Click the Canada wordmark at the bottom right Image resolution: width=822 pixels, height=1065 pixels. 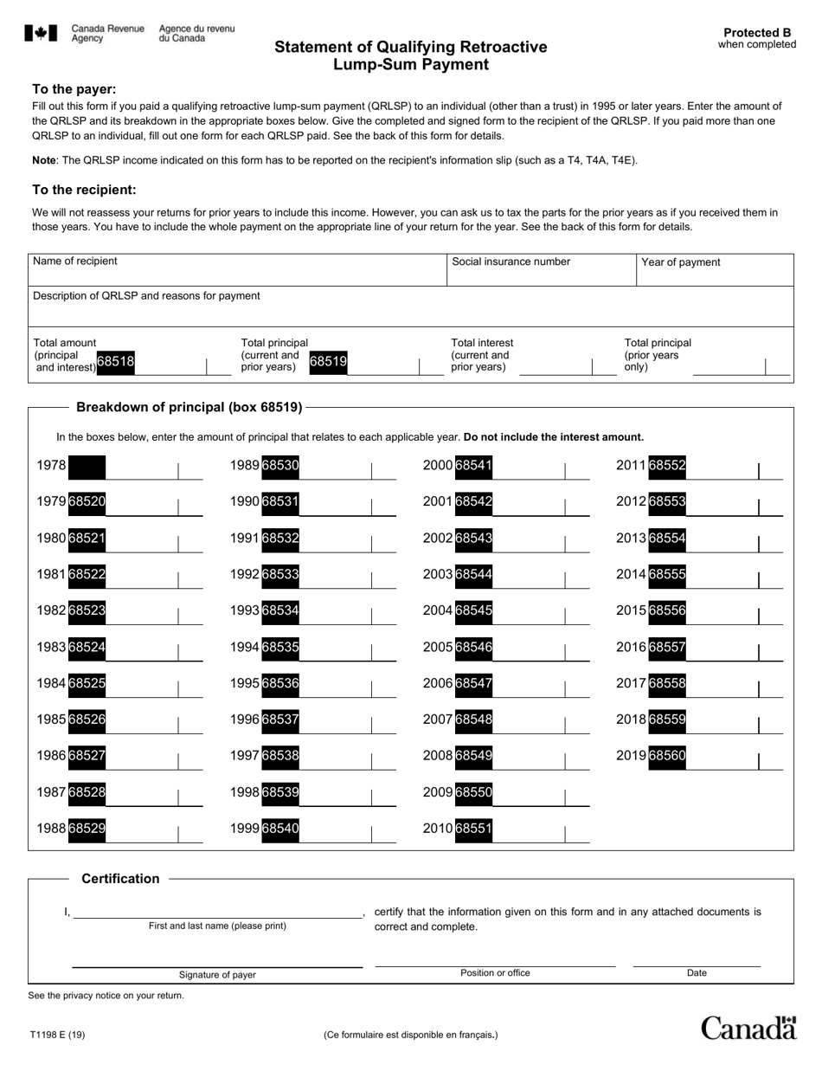[748, 1028]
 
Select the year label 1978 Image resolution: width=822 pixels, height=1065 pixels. [51, 466]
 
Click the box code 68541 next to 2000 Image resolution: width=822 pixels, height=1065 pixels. [473, 466]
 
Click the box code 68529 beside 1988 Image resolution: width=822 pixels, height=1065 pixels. [87, 829]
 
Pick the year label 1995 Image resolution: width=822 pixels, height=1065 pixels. [245, 683]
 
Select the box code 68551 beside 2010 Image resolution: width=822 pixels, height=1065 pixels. [473, 829]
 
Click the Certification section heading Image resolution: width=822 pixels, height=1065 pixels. [120, 879]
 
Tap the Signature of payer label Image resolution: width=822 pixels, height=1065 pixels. [217, 975]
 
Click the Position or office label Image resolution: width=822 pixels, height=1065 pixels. [495, 973]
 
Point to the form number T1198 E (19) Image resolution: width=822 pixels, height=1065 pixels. [56, 1035]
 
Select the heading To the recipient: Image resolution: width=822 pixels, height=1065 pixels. [84, 190]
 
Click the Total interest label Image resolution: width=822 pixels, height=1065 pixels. [482, 343]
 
